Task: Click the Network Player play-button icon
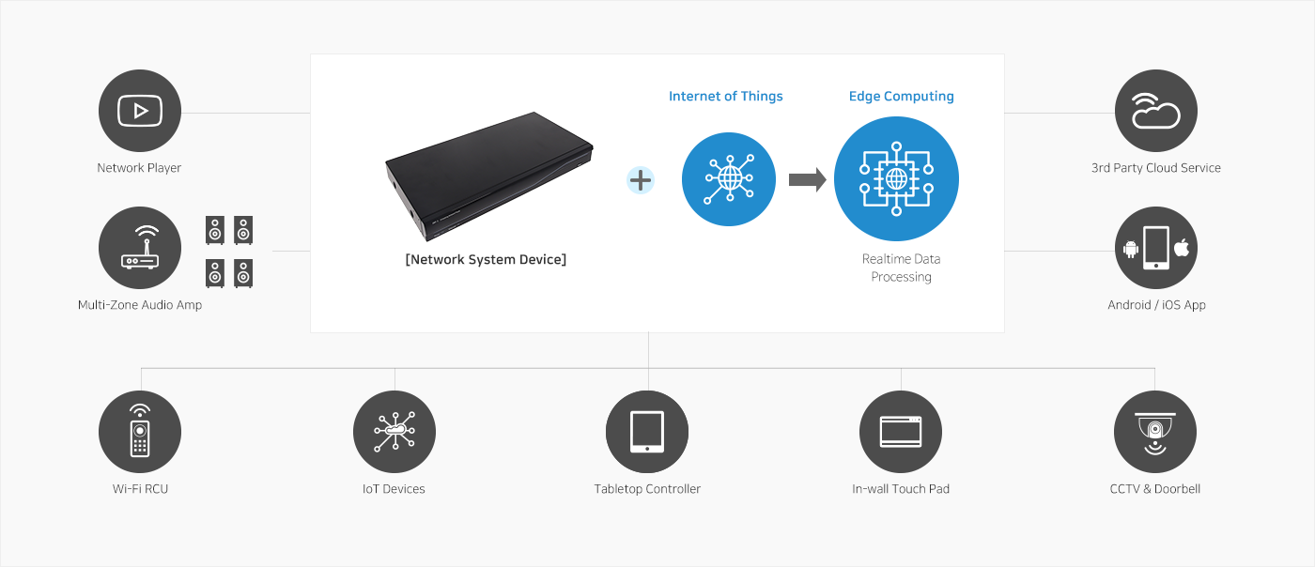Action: coord(140,111)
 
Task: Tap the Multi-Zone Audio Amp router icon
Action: coord(140,248)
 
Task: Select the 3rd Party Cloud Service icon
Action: coord(1156,111)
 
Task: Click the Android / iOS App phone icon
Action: coord(1156,248)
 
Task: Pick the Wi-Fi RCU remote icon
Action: coord(140,432)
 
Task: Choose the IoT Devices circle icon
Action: coord(394,432)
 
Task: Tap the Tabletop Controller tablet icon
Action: coord(647,432)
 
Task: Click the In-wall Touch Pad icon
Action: coord(901,432)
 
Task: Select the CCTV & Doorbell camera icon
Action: coord(1155,432)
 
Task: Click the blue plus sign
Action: coord(641,180)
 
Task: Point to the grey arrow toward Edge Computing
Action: coord(807,179)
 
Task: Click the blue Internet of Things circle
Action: coord(729,179)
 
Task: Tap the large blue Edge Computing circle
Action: coord(896,178)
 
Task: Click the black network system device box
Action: coord(488,176)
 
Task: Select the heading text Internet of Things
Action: coord(725,97)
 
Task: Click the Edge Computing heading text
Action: coord(901,97)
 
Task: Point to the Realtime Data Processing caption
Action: coord(901,268)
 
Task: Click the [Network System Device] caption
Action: coord(486,259)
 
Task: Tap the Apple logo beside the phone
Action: coord(1182,248)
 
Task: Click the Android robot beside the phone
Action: coord(1131,249)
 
